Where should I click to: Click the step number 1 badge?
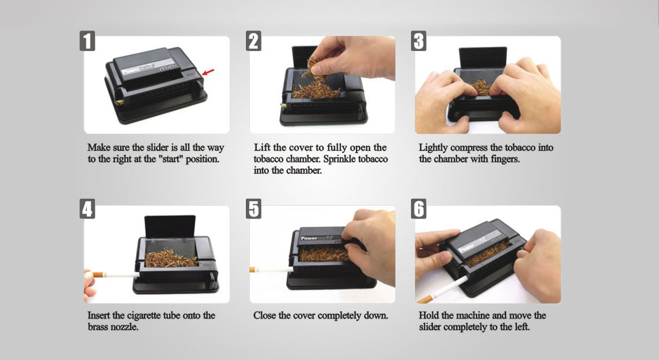[88, 41]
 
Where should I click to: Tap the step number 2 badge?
[253, 41]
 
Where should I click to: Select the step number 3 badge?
[418, 41]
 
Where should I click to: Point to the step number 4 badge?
[88, 209]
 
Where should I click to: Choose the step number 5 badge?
[253, 209]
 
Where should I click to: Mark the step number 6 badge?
[418, 209]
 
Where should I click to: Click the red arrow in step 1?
[208, 72]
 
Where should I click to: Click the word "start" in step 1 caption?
[173, 159]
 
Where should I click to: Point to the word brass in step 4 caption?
[99, 327]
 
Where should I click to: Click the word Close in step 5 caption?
[264, 315]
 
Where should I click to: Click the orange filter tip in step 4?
[98, 274]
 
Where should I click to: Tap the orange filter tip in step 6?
[425, 300]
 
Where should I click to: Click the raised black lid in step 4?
[170, 227]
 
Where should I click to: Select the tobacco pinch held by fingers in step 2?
[313, 69]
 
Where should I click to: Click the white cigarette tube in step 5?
[274, 269]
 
